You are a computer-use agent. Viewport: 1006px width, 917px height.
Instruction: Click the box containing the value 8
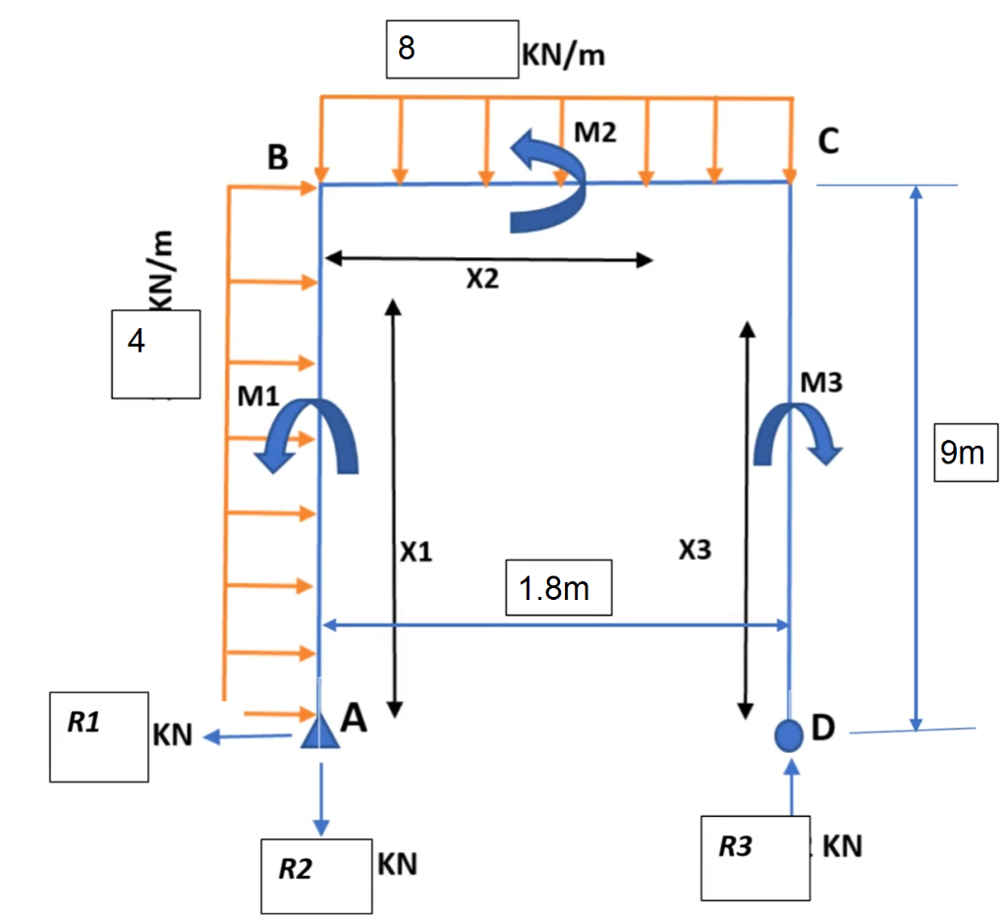tap(451, 49)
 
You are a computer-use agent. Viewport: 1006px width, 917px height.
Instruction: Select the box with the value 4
tap(156, 353)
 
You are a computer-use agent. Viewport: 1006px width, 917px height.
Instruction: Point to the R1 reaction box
tap(98, 736)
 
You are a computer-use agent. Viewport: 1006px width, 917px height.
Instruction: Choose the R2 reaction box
tap(315, 876)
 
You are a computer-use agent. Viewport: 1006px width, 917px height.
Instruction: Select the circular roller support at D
tap(789, 733)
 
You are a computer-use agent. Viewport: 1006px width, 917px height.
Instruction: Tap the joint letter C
tap(828, 143)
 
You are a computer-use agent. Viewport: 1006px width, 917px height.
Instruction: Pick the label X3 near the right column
tap(694, 550)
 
